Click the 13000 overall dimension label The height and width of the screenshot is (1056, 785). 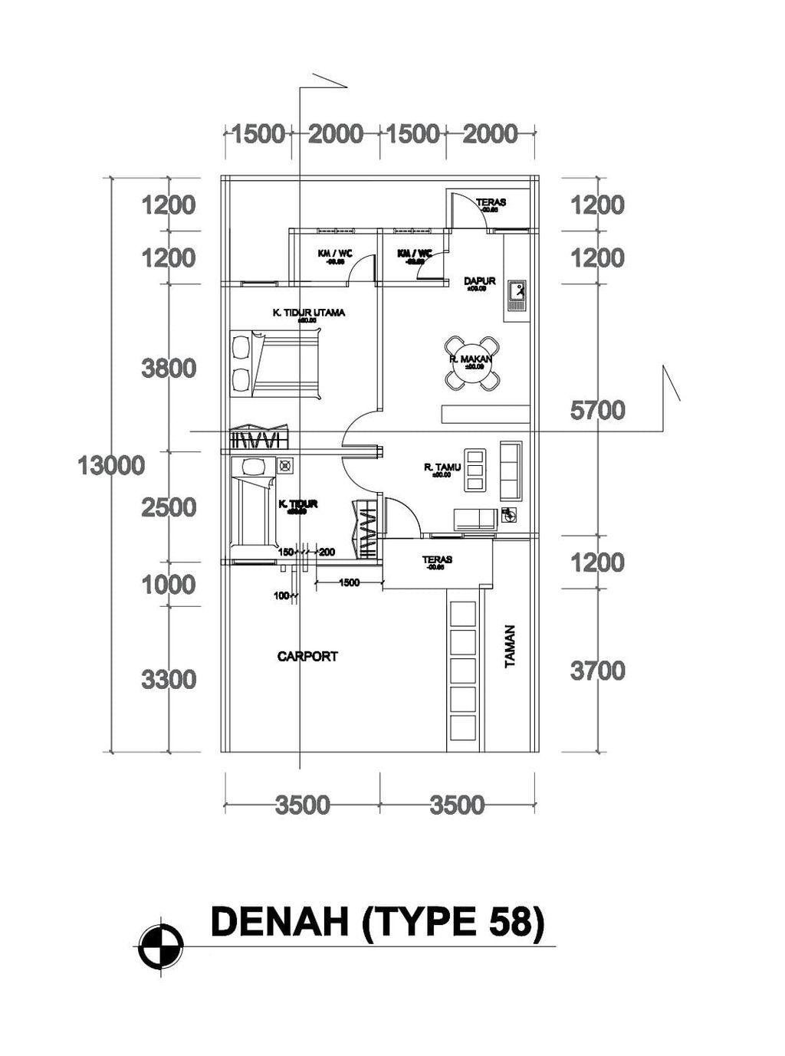click(x=111, y=465)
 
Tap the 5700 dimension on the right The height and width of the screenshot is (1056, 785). click(x=597, y=411)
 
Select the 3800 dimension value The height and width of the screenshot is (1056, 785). click(x=169, y=369)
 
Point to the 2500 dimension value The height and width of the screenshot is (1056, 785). click(x=169, y=507)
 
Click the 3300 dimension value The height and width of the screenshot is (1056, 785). click(x=169, y=680)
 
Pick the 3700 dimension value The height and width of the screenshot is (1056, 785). click(x=597, y=671)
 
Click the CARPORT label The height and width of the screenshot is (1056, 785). click(x=307, y=657)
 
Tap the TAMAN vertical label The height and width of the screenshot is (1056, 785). click(x=511, y=647)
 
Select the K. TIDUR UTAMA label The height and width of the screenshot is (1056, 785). click(x=309, y=313)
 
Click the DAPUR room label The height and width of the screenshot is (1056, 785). click(x=480, y=281)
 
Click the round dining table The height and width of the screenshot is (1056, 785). click(x=470, y=362)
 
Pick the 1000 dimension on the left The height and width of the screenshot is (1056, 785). click(x=169, y=585)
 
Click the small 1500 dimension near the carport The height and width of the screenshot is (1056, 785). click(x=349, y=583)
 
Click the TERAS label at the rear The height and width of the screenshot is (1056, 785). click(x=491, y=203)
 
